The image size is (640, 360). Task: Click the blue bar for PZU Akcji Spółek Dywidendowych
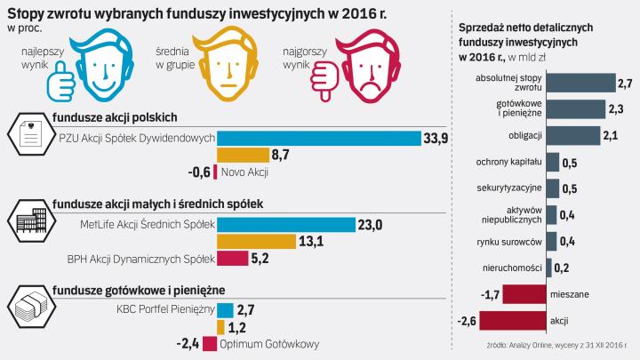pos(319,138)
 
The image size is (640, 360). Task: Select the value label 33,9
pos(436,138)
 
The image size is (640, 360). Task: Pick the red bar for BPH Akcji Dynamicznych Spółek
pos(233,259)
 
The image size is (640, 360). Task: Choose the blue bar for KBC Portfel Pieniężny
pos(225,309)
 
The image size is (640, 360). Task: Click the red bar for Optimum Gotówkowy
pos(209,344)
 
